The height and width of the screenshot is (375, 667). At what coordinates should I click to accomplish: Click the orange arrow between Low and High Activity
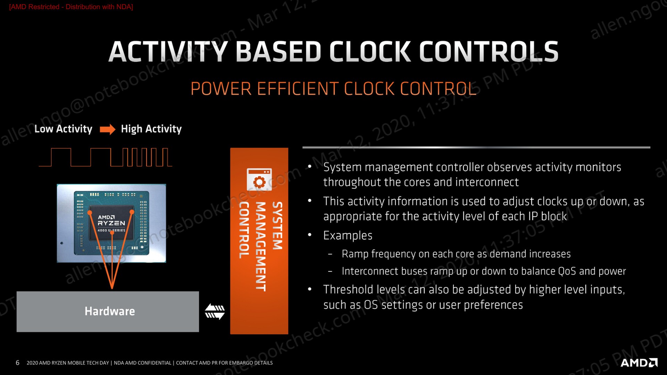click(108, 130)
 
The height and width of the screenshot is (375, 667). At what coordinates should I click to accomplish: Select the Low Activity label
click(63, 129)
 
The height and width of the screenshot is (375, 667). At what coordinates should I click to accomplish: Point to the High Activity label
click(151, 129)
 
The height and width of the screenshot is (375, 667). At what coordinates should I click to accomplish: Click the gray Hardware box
click(108, 311)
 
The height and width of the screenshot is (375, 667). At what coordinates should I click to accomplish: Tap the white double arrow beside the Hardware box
click(215, 311)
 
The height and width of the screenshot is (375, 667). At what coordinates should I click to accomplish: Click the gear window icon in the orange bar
click(259, 180)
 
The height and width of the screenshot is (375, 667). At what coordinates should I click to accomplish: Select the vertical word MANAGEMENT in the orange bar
click(261, 246)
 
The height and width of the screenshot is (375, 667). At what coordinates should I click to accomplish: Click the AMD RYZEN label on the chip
click(111, 220)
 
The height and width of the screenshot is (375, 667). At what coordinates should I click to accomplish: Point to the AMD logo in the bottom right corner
click(639, 362)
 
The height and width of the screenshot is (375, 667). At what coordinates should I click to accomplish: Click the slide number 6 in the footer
click(17, 362)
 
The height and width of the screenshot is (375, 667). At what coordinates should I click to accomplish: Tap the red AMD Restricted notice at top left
click(71, 7)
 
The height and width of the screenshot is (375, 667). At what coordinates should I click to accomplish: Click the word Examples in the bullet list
click(348, 235)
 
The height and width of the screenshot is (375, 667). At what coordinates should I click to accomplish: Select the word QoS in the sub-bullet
click(567, 271)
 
